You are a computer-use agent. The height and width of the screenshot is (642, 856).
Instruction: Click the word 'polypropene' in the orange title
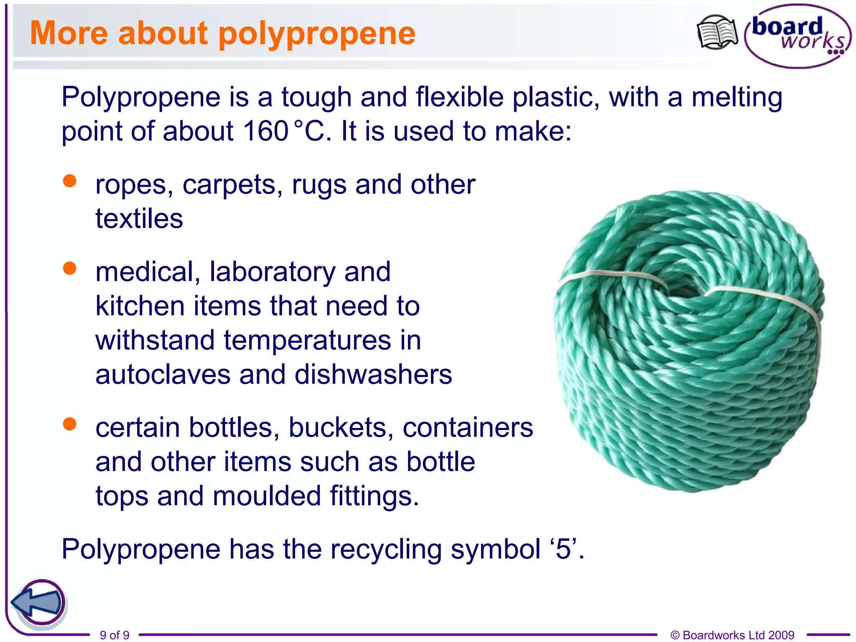(317, 33)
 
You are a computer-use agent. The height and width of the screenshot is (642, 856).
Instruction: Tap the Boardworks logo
(797, 36)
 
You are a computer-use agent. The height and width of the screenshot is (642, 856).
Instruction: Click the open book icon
(717, 33)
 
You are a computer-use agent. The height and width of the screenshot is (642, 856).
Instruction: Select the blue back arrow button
(38, 602)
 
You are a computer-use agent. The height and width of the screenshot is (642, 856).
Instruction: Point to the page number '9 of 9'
(115, 635)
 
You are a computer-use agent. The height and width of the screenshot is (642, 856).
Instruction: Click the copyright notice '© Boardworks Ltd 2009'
(732, 635)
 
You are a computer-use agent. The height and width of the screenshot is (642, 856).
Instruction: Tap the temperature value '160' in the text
(265, 131)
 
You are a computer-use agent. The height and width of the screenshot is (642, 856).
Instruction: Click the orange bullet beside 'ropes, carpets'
(69, 181)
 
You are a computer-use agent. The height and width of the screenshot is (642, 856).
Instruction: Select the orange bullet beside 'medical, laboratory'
(69, 268)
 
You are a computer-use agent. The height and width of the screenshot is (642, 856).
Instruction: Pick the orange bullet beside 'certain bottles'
(69, 424)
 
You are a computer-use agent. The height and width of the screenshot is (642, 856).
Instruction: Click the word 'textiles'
(139, 219)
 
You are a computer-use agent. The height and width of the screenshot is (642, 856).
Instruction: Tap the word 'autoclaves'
(163, 374)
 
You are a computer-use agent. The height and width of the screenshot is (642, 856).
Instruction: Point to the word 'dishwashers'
(373, 374)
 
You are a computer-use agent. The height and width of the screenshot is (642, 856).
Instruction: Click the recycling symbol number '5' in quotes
(563, 549)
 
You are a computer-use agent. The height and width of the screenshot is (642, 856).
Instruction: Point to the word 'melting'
(737, 97)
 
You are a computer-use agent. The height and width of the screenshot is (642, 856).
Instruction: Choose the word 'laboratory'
(273, 272)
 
